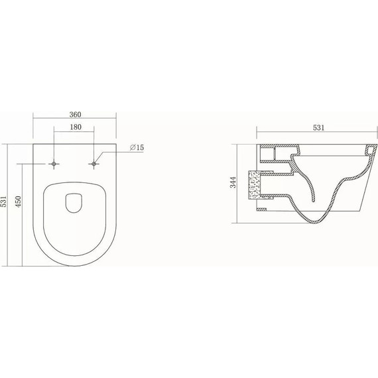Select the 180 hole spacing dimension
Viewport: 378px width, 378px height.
click(74, 127)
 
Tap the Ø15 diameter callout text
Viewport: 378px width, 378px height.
click(137, 147)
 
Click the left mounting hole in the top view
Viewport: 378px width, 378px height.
click(54, 162)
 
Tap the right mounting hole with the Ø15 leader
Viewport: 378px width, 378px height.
click(95, 162)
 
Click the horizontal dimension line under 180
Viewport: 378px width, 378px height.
click(74, 132)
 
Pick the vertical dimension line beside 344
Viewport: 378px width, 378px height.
click(240, 182)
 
